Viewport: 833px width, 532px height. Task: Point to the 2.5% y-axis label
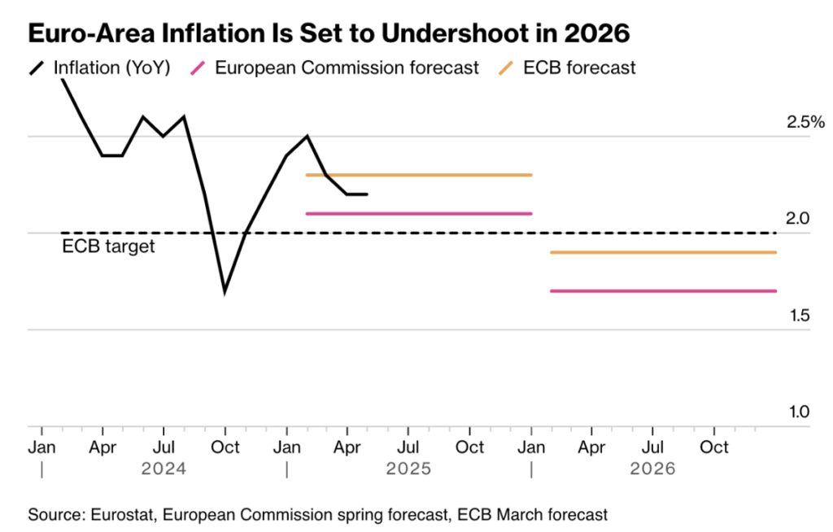[805, 123]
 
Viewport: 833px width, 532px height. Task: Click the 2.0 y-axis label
[799, 218]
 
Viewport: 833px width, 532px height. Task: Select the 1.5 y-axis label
[799, 315]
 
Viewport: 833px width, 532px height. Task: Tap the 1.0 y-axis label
[799, 412]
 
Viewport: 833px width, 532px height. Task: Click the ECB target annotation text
[108, 246]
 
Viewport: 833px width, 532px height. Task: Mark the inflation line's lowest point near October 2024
[225, 290]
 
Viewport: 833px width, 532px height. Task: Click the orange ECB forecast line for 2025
[418, 175]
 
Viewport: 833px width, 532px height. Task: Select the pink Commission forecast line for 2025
[418, 213]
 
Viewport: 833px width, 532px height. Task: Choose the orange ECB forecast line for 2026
[663, 252]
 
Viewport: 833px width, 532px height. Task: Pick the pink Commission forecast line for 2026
[663, 290]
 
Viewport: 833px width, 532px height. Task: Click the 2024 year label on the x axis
[164, 469]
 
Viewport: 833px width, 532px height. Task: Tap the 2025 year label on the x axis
[408, 469]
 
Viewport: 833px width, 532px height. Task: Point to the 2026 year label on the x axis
[653, 469]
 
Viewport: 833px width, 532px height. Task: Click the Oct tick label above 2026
[714, 447]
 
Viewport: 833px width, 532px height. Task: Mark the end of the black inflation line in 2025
[367, 194]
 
